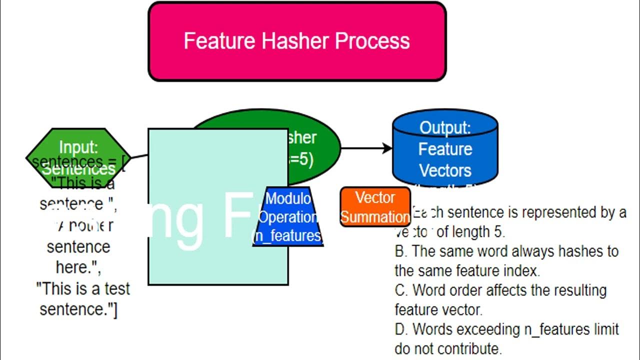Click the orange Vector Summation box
[x=375, y=207]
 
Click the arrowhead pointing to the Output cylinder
[x=386, y=148]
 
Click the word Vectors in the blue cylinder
[x=445, y=170]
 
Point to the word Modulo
[x=287, y=198]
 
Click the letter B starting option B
[x=400, y=251]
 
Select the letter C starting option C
[x=400, y=290]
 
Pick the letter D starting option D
[x=400, y=329]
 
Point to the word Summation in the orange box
[x=375, y=217]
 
